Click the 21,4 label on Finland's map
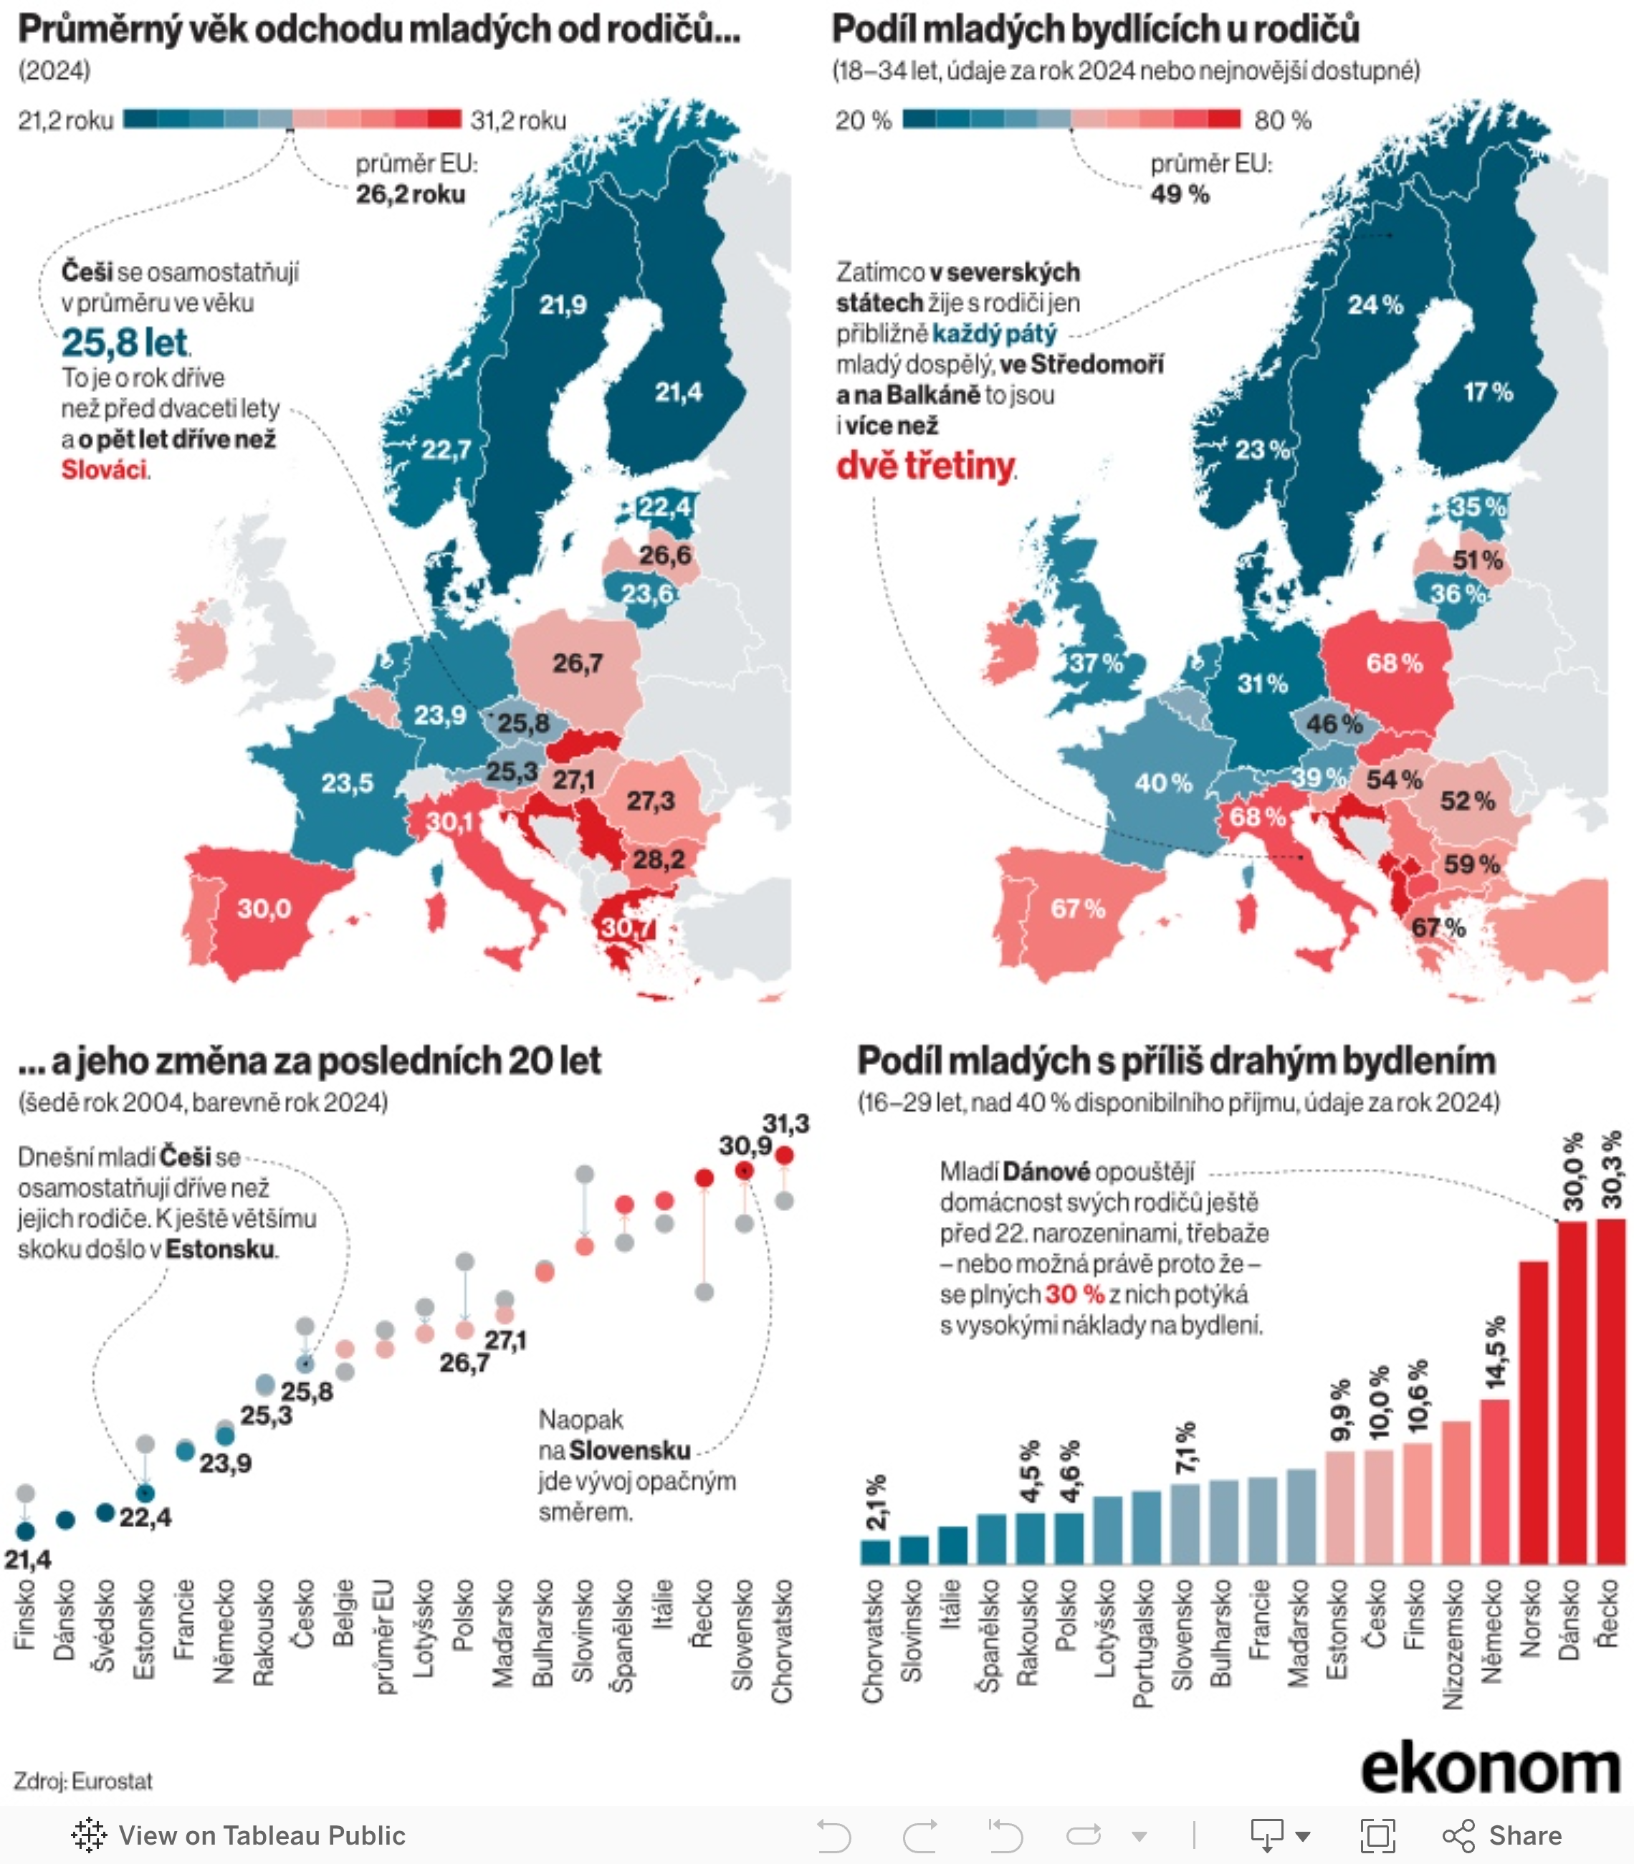coord(679,392)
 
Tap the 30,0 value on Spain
coord(264,908)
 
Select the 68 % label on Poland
coord(1394,663)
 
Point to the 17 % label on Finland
coord(1488,392)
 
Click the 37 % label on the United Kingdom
coord(1096,663)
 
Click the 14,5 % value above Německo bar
coord(1496,1352)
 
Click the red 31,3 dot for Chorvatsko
coord(784,1155)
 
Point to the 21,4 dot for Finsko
coord(26,1531)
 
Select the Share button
coord(1503,1836)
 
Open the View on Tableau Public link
coord(239,1836)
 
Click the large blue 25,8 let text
coord(125,343)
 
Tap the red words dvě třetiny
coord(925,466)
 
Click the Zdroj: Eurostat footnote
coord(83,1781)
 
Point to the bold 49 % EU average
coord(1180,194)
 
